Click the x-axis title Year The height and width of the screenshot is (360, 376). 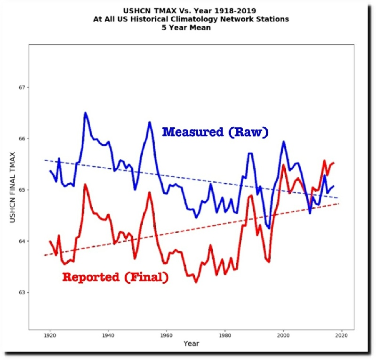click(191, 344)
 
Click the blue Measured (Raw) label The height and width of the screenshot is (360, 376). click(215, 132)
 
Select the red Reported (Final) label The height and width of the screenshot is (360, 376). click(115, 278)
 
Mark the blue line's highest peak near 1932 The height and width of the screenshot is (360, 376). click(85, 113)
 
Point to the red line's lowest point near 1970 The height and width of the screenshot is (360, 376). click(196, 282)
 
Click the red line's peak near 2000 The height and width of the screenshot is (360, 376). click(283, 165)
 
